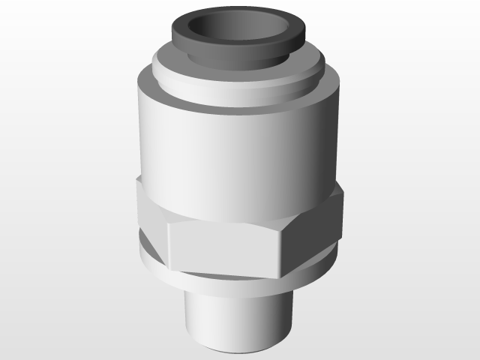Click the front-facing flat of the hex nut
click(225, 247)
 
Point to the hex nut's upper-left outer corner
click(138, 180)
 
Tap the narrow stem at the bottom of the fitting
click(232, 315)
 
